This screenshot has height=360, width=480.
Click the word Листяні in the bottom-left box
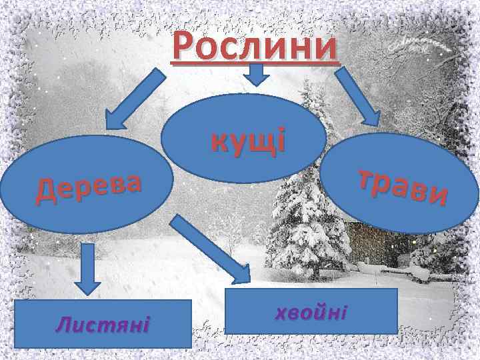pos(103,325)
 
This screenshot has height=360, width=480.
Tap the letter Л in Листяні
pos(63,325)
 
